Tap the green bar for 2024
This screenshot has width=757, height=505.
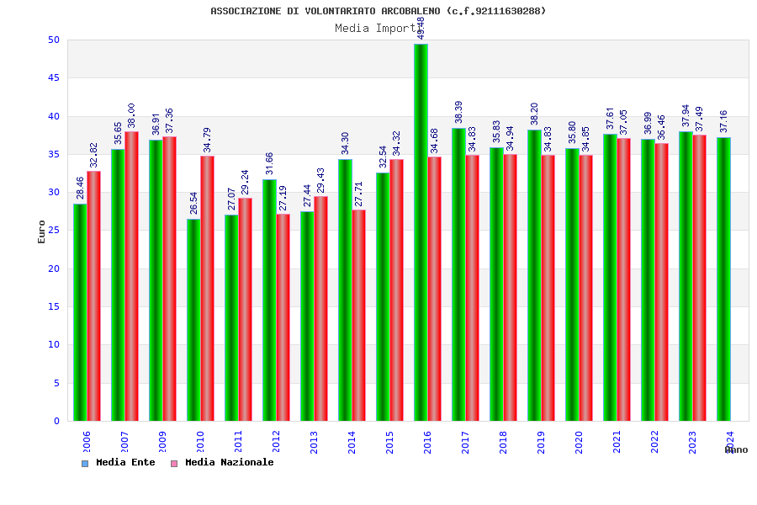coord(723,279)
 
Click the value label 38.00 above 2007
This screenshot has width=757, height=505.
coord(131,115)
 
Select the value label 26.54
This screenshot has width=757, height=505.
coord(193,203)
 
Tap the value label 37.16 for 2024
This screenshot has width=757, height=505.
coord(723,121)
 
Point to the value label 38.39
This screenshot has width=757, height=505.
coord(458,112)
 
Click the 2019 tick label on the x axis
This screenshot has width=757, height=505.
coord(541,443)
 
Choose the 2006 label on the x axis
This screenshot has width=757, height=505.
coord(87,443)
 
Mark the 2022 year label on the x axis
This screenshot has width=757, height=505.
coord(654,443)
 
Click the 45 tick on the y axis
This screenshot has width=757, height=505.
coord(54,77)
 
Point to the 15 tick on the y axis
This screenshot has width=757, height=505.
coord(54,306)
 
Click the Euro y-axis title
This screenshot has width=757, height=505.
coord(42,231)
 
